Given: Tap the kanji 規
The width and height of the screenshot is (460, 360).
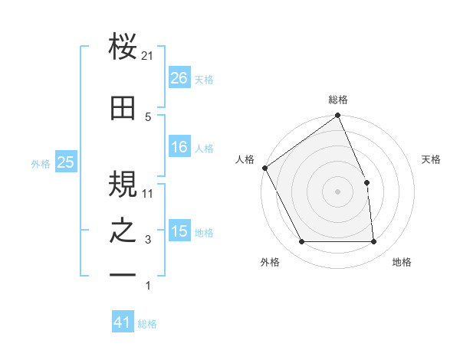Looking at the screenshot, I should [123, 183].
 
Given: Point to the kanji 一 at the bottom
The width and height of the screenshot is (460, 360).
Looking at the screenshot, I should [123, 273].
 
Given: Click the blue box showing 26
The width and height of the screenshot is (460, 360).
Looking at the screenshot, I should [179, 78].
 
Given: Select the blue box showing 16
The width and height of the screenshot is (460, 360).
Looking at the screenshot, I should [179, 147].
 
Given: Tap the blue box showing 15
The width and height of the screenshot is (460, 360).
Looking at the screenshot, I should [179, 231].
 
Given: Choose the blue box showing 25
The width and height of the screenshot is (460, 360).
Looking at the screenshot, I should [65, 162].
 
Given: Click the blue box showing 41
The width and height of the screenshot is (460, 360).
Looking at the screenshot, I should [123, 322].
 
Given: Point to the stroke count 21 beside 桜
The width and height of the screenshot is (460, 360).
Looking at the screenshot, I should [148, 56].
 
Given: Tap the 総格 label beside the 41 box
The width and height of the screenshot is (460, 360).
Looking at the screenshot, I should [147, 324].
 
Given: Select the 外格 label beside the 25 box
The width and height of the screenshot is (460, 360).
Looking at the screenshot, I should [41, 163].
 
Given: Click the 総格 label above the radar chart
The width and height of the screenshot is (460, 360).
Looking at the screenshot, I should [338, 100].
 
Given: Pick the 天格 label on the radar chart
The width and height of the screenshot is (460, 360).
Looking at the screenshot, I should [432, 159].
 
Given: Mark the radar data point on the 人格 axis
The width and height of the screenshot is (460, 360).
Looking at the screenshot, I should [265, 168].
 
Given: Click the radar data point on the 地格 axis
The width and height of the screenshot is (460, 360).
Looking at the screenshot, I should [374, 242].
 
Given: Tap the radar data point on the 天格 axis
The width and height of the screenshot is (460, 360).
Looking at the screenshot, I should [366, 182].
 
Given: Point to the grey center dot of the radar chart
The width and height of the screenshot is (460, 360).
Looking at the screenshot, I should [337, 191].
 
